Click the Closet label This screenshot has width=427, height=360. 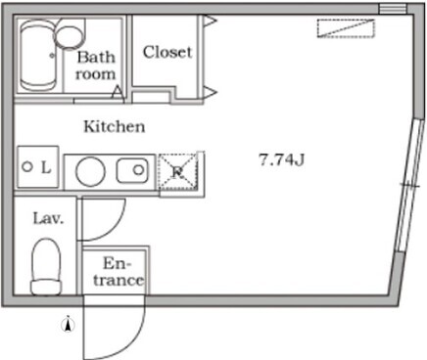click(x=167, y=52)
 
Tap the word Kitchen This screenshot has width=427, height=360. click(x=115, y=126)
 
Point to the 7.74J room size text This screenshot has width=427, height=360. click(x=281, y=159)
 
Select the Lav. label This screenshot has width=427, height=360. click(x=48, y=218)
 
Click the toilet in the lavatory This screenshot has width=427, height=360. click(x=46, y=267)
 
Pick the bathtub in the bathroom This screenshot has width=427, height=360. click(x=37, y=56)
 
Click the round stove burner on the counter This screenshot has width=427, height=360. click(x=90, y=171)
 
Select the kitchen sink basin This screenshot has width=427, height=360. click(x=131, y=170)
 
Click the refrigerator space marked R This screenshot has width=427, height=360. click(x=178, y=171)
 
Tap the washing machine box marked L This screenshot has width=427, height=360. click(x=38, y=167)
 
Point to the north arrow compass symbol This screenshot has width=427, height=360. click(x=69, y=324)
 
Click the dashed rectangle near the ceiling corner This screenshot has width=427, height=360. click(x=346, y=28)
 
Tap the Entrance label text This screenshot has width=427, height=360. click(x=119, y=272)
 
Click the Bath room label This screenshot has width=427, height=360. click(x=96, y=66)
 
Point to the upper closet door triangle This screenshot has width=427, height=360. click(x=211, y=21)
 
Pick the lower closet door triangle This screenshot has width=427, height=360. click(x=211, y=93)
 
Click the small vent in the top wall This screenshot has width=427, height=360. click(x=393, y=9)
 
